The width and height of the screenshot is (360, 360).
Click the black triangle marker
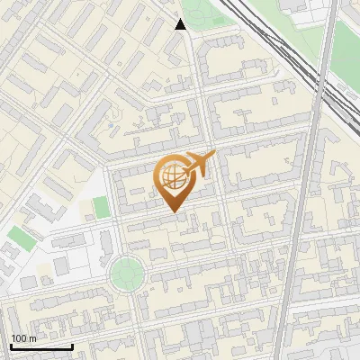(x=180, y=24)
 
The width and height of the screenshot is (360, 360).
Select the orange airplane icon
(x=198, y=166)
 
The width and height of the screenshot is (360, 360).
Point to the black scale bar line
(x=41, y=346)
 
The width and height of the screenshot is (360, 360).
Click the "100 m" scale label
(x=24, y=338)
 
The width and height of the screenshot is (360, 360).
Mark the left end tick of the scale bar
(x=11, y=345)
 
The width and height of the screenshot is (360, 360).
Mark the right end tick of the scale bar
(x=72, y=345)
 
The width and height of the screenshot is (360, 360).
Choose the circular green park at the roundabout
(x=126, y=270)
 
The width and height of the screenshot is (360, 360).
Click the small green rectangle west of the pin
(x=101, y=207)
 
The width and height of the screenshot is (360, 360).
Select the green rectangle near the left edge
(x=22, y=238)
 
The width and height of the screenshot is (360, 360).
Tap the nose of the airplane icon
(x=214, y=156)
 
